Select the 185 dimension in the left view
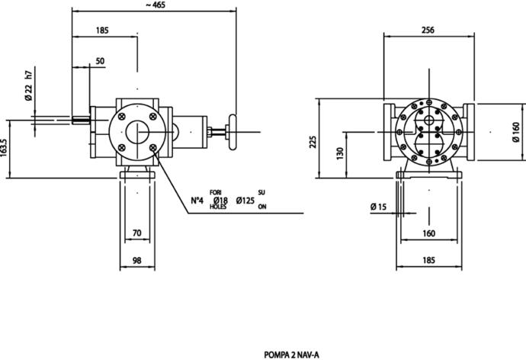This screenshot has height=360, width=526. click(x=103, y=31)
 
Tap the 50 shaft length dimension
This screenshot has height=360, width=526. click(x=101, y=61)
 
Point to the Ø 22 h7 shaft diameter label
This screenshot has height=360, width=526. click(x=28, y=88)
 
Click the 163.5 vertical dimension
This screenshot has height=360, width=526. click(x=4, y=148)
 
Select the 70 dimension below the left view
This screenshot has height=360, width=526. click(x=137, y=233)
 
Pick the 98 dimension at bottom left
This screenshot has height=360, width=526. click(x=137, y=261)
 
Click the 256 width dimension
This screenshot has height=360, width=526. click(x=427, y=30)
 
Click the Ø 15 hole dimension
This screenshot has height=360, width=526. click(x=379, y=207)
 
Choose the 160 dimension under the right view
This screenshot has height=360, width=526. click(x=428, y=233)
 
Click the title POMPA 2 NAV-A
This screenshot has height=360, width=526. click(x=292, y=354)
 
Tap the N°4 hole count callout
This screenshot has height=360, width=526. click(x=197, y=201)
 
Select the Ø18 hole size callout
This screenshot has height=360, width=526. click(x=220, y=201)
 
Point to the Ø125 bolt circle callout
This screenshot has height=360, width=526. click(x=245, y=201)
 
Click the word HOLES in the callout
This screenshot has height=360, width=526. click(x=218, y=207)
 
